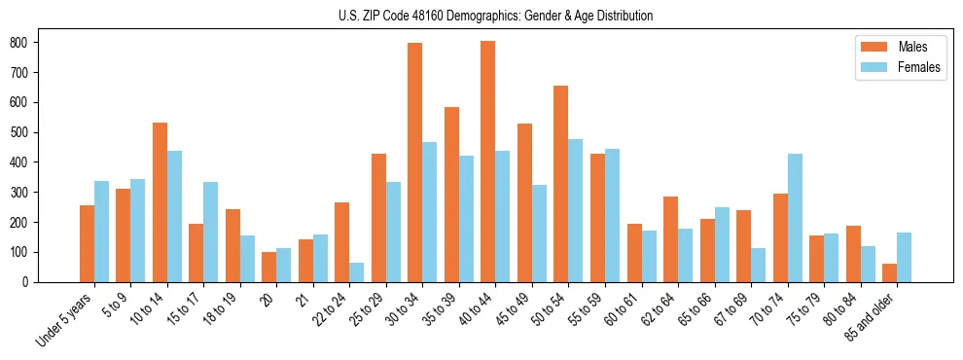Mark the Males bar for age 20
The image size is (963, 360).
tap(269, 267)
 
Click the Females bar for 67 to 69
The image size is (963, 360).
tap(758, 265)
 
